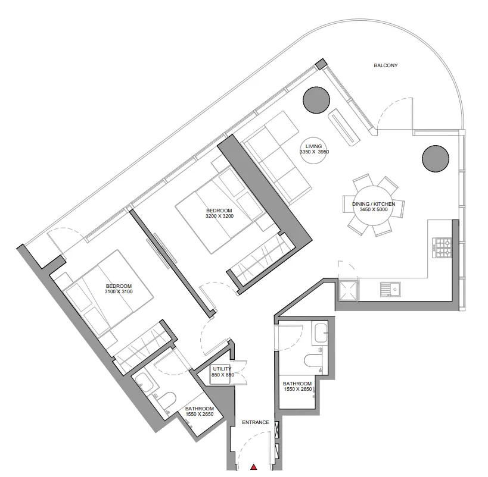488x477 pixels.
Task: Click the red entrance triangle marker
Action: (x=254, y=466)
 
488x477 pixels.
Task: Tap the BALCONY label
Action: (x=386, y=65)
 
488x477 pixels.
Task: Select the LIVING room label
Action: (x=313, y=146)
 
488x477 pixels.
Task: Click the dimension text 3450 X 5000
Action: (x=374, y=210)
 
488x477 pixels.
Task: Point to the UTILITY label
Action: (x=222, y=369)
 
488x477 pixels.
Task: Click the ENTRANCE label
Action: (x=256, y=422)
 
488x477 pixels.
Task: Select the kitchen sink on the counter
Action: (x=390, y=289)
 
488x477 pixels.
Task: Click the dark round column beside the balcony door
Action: (x=316, y=100)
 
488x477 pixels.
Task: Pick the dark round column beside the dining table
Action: (x=436, y=158)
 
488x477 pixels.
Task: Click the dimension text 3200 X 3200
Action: (x=219, y=216)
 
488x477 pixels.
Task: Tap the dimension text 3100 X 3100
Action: (x=119, y=292)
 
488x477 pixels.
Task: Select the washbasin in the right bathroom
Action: (x=321, y=333)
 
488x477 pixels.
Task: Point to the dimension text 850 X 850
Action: (x=222, y=375)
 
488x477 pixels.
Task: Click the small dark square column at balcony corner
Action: (x=321, y=64)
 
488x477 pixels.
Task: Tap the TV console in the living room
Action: (x=344, y=127)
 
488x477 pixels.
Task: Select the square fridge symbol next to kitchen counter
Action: (x=349, y=290)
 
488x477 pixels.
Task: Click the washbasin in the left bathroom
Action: (x=144, y=382)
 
